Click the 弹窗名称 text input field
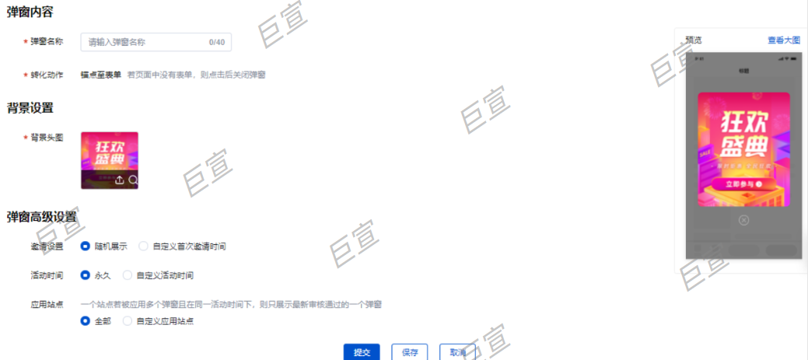[144, 42]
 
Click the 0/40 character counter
[217, 42]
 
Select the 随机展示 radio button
[86, 246]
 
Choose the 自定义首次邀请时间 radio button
[143, 246]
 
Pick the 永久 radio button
[86, 275]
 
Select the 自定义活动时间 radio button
[128, 275]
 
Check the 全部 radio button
[86, 320]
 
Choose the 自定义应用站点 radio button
[128, 320]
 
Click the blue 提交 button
[362, 352]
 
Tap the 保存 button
[410, 352]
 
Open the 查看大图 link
[782, 40]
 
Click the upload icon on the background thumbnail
[119, 180]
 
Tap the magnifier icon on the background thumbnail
[133, 180]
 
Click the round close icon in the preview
[743, 221]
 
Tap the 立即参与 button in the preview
[743, 184]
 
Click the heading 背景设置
[30, 107]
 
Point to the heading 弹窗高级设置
[41, 216]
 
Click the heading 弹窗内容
[30, 13]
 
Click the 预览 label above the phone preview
[694, 40]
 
